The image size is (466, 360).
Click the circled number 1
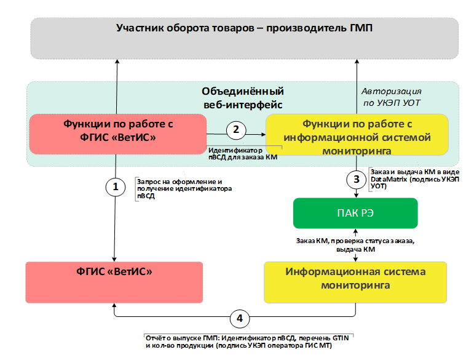116,187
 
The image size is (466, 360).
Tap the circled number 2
236,130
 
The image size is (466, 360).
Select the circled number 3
357,180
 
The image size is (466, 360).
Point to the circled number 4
240,319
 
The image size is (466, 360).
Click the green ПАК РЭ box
355,213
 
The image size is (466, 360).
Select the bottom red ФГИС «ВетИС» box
114,282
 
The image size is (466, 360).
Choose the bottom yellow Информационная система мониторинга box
355,282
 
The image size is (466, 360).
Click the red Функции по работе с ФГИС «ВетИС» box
118,134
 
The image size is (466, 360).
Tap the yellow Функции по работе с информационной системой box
357,135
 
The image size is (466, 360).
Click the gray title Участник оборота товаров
244,28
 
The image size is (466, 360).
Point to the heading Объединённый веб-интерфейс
243,98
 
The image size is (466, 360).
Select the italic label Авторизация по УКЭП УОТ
392,97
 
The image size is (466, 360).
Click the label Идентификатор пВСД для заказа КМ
243,154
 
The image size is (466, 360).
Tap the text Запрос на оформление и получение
180,185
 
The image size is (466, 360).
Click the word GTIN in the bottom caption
341,338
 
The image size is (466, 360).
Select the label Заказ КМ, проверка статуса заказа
355,241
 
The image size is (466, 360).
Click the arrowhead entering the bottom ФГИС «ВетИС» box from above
114,259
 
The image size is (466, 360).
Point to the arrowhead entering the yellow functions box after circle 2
263,135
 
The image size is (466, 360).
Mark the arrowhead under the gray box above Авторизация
357,62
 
